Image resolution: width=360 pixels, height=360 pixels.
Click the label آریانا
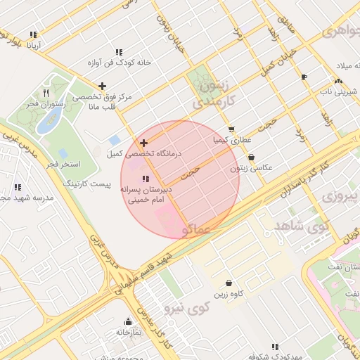pos(34,46)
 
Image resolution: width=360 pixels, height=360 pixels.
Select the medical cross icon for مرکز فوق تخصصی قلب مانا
pos(103,86)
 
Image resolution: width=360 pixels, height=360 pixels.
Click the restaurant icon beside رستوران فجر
pos(46,92)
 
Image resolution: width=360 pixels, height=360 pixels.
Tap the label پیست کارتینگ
pos(88,182)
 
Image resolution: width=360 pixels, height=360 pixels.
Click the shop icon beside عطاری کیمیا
pos(231,129)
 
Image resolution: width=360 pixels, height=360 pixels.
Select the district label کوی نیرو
pos(188,307)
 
